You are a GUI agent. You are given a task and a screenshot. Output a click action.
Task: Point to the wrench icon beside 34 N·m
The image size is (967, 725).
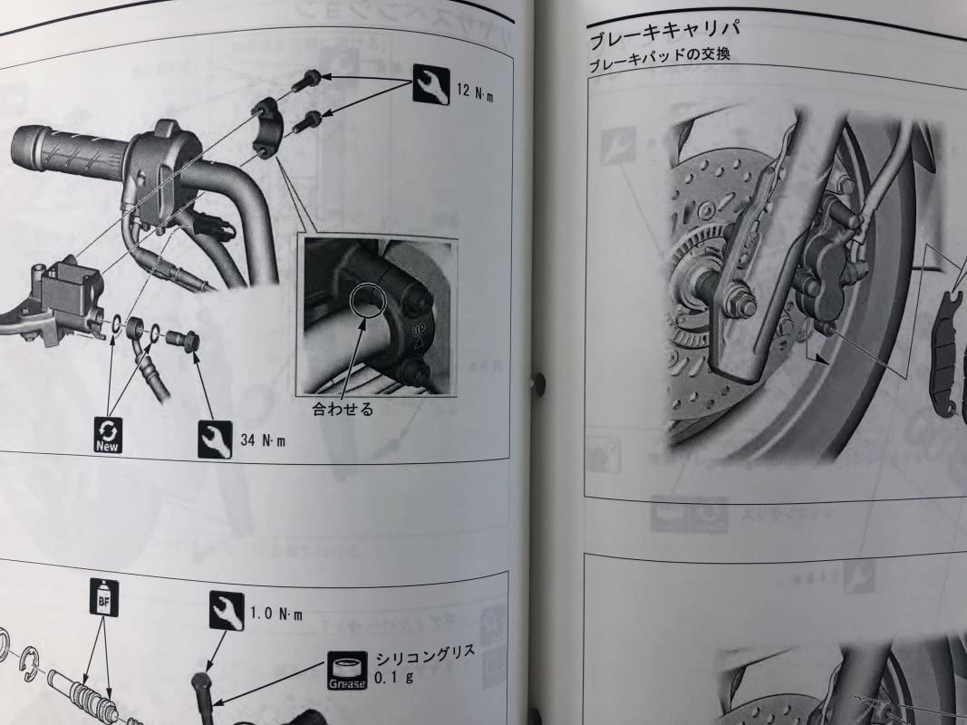point(215,439)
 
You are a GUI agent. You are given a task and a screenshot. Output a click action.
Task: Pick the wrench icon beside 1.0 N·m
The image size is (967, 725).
point(226,611)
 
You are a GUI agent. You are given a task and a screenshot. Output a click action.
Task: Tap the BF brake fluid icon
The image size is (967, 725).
point(102,598)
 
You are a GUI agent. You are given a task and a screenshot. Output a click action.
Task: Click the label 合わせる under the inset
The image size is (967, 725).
point(343,409)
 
